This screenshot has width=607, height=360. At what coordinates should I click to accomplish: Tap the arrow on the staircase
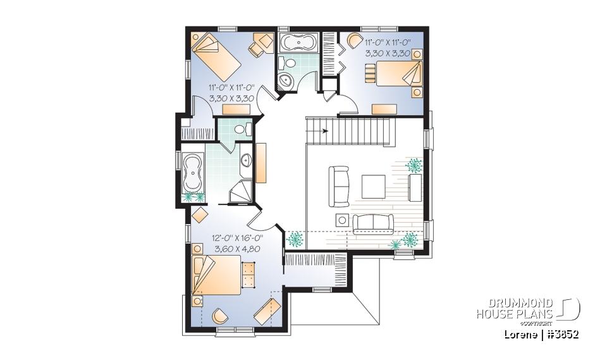click(x=326, y=132)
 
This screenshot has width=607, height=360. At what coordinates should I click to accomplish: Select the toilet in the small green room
click(x=240, y=129)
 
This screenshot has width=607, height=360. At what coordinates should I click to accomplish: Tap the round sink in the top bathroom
click(x=286, y=80)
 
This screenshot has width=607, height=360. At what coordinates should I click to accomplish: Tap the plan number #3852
click(x=561, y=334)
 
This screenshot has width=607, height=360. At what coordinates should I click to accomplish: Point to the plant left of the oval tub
click(x=189, y=197)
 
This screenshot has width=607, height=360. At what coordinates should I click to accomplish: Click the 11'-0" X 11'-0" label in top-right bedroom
click(x=388, y=43)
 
